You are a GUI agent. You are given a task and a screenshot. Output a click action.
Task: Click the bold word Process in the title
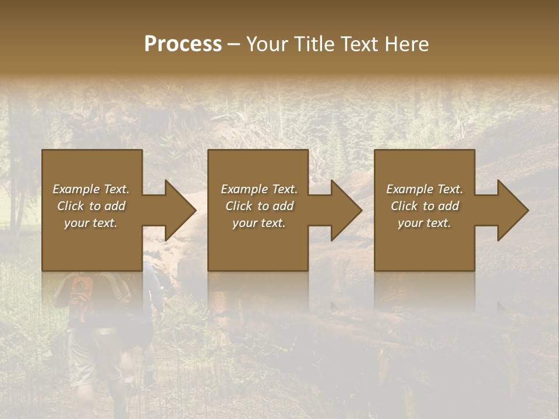[x=183, y=44]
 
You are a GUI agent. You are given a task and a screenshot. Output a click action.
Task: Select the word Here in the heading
[x=406, y=44]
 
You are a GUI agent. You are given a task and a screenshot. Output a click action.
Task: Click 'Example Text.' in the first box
[x=91, y=189]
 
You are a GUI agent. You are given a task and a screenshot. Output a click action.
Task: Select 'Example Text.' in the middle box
[x=259, y=189]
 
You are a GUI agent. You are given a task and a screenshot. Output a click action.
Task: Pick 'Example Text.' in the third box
[x=424, y=189]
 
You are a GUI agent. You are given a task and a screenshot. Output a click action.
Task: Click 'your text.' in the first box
[x=91, y=223]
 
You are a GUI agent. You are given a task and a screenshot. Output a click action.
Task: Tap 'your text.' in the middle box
[x=259, y=223]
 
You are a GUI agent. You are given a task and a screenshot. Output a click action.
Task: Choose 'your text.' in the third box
[x=424, y=223]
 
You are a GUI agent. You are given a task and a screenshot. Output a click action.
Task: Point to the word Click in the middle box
[x=239, y=206]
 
